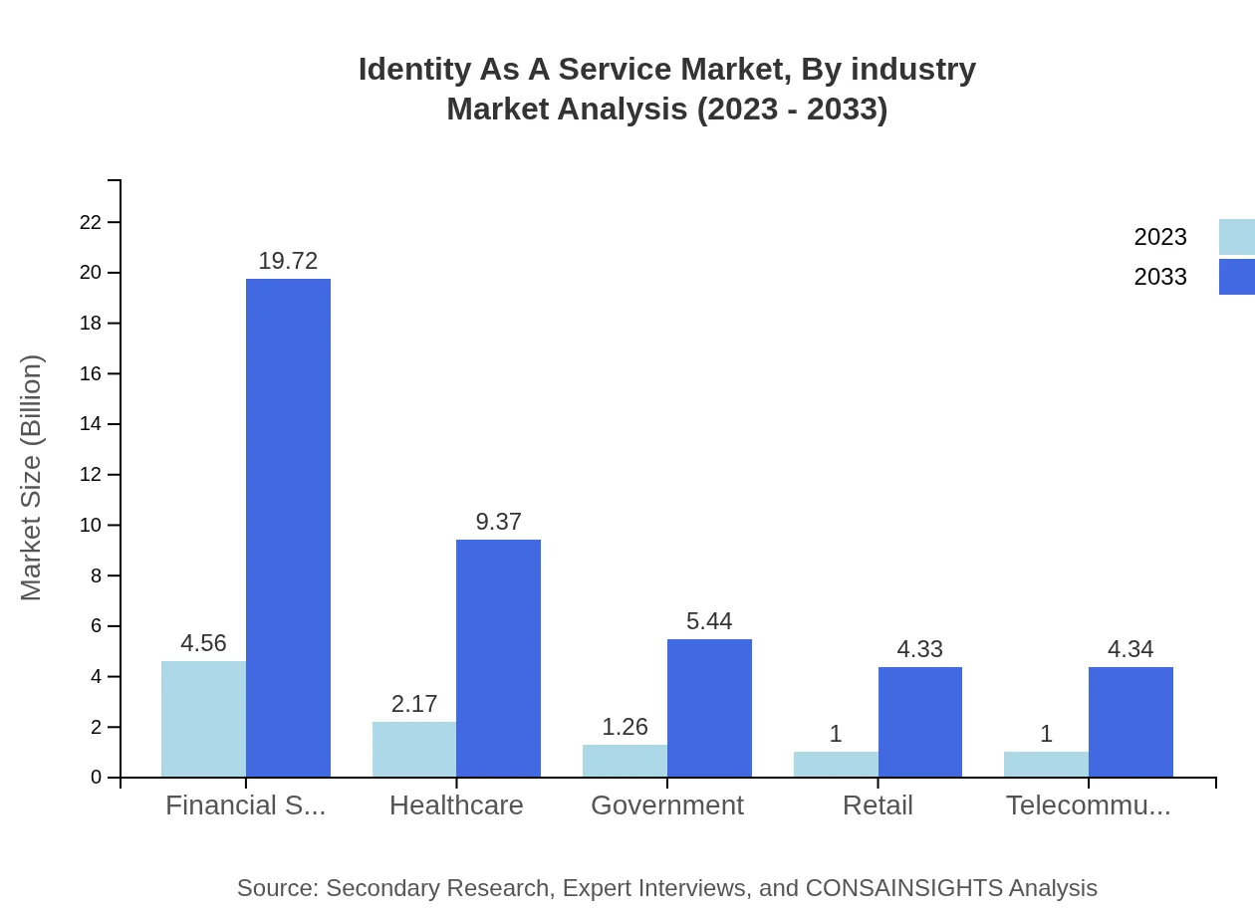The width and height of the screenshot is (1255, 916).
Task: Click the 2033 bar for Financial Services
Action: (x=288, y=528)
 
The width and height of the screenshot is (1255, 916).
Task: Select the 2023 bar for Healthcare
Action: (x=414, y=750)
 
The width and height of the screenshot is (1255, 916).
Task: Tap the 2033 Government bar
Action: (x=709, y=708)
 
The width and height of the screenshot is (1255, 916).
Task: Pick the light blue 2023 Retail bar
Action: (x=836, y=764)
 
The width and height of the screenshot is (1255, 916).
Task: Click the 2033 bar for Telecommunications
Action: (x=1130, y=722)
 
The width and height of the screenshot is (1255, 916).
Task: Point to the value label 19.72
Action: (x=288, y=261)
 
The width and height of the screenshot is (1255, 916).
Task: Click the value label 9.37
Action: (x=498, y=522)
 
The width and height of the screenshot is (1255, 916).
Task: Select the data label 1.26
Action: (x=625, y=727)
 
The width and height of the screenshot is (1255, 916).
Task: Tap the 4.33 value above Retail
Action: (x=919, y=649)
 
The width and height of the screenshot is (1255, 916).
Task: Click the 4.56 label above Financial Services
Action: (x=203, y=643)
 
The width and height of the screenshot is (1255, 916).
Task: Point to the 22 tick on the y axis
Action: (x=91, y=222)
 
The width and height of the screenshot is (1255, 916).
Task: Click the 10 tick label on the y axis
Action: (x=91, y=525)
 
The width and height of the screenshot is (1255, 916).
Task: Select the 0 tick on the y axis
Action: (x=97, y=778)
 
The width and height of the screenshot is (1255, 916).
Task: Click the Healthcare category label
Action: (x=456, y=805)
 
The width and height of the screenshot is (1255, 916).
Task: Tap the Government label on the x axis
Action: (x=667, y=805)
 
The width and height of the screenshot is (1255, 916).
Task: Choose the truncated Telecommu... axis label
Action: (x=1088, y=805)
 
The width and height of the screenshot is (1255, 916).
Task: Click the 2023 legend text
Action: (x=1160, y=237)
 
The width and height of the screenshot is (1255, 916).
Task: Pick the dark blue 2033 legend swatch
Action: (x=1236, y=277)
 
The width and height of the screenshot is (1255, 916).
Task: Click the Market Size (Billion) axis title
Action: (x=32, y=478)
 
